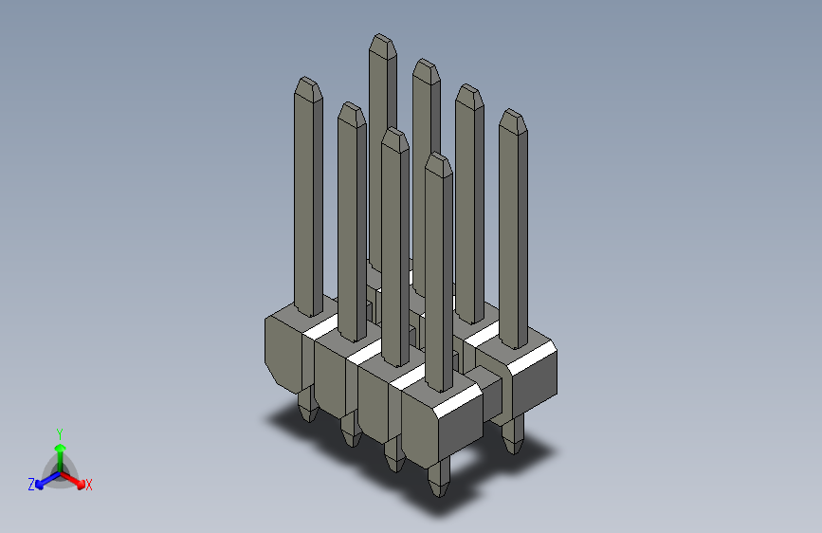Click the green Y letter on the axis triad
(59, 433)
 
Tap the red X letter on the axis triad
(89, 486)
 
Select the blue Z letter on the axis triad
(31, 485)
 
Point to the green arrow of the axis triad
(59, 450)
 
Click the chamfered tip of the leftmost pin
(307, 88)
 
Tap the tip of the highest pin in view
(382, 46)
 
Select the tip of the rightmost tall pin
(512, 120)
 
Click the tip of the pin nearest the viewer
(437, 164)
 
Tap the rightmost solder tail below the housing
(512, 436)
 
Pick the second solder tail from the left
(350, 430)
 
